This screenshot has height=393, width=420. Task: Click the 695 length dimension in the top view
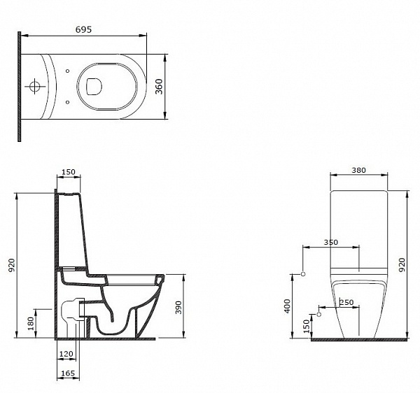click(83, 29)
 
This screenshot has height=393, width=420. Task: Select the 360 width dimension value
click(159, 86)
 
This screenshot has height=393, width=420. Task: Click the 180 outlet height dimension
click(29, 323)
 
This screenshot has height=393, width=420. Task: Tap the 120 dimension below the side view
click(67, 355)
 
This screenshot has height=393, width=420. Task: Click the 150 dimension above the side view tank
click(68, 172)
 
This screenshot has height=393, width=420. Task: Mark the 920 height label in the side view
click(10, 264)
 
